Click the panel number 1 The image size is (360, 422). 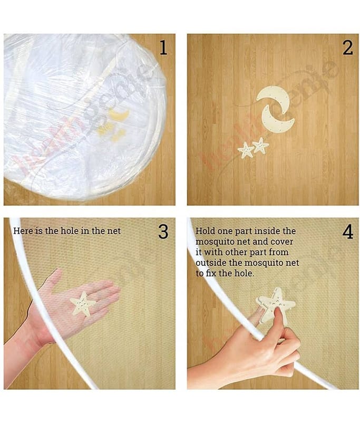[163, 47]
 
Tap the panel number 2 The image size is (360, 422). [348, 48]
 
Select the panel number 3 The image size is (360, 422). [163, 232]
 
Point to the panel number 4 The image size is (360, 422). [348, 232]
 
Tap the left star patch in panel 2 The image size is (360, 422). [246, 150]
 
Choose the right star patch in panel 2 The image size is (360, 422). [260, 146]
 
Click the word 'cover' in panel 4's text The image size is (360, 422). [282, 242]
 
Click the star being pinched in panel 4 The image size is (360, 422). [277, 305]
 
